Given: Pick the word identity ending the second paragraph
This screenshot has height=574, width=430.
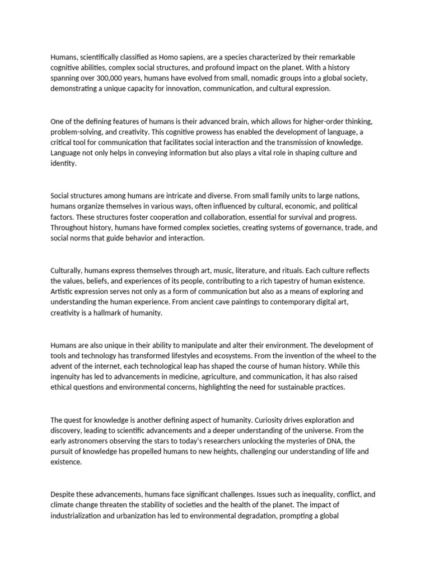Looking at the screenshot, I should tap(63, 164).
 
